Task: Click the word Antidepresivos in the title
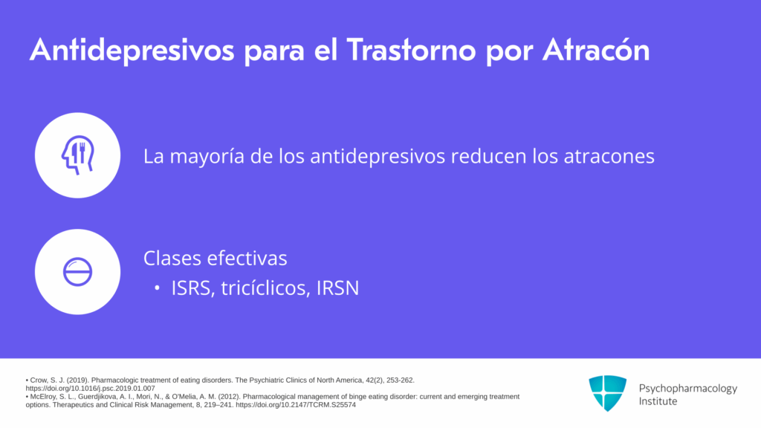pos(132,51)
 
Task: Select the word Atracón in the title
pos(596,49)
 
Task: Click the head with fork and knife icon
pos(77,155)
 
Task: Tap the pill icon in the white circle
pos(77,272)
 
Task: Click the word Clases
pos(172,258)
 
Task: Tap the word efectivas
pos(247,258)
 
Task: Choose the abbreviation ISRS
pos(192,288)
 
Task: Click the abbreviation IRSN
pos(338,288)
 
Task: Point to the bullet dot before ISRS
pos(157,288)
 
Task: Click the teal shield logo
pos(608,393)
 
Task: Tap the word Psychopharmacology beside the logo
pos(687,389)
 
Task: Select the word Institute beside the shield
pos(658,401)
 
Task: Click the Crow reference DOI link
pos(90,388)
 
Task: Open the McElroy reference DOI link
pos(296,405)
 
